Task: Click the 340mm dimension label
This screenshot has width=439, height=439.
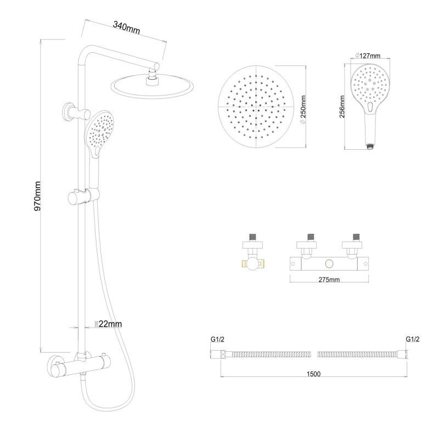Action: coord(126,26)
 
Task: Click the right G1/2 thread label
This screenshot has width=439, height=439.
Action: coord(413,339)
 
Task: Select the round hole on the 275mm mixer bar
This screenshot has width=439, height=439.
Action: coord(330,264)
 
